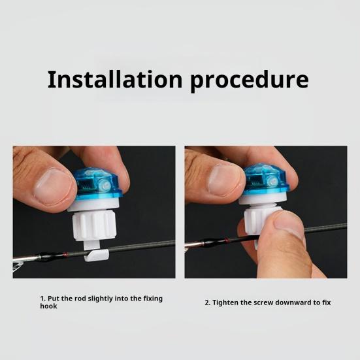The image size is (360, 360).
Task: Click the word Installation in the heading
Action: click(115, 79)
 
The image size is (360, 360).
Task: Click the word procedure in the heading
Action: click(250, 81)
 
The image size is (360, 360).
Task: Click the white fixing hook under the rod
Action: click(96, 255)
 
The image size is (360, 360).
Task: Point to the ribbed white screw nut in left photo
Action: click(94, 226)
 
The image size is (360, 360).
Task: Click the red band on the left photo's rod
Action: click(66, 254)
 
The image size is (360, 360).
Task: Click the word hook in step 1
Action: click(48, 306)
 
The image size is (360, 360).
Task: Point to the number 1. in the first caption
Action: click(43, 299)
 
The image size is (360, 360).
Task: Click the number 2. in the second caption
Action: click(208, 303)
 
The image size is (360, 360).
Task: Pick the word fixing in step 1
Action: click(153, 299)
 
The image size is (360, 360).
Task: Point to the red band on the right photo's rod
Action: click(227, 240)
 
